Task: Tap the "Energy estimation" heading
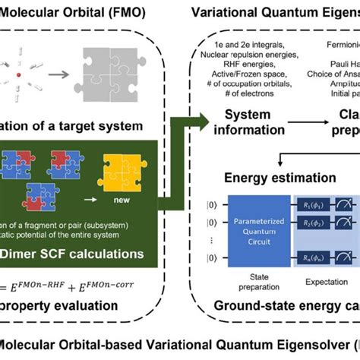tap(278, 178)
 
